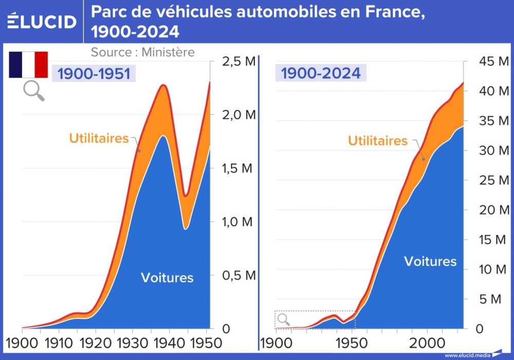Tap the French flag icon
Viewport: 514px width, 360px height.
click(x=28, y=64)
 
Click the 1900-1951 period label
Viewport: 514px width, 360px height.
click(x=93, y=74)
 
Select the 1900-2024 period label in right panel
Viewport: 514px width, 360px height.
click(x=321, y=73)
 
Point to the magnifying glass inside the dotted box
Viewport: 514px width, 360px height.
click(x=284, y=320)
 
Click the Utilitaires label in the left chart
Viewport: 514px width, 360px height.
click(x=99, y=138)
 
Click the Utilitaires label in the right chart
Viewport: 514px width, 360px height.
click(x=378, y=141)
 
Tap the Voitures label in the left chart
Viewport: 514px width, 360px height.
click(x=167, y=278)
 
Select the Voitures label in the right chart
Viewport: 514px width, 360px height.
click(x=430, y=261)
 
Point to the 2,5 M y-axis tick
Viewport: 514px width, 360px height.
click(x=238, y=62)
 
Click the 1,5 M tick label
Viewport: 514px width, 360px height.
click(x=238, y=169)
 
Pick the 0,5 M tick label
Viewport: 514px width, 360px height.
click(x=238, y=275)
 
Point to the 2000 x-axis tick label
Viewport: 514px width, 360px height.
click(x=427, y=343)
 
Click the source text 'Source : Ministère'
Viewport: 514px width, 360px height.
click(x=142, y=52)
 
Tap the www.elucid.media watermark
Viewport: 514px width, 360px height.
click(x=467, y=355)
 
